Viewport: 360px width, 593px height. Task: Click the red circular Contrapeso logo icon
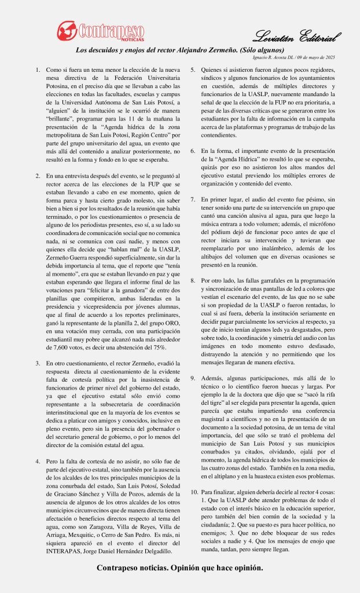coord(67,29)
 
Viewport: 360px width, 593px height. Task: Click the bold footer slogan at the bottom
coord(180,568)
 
